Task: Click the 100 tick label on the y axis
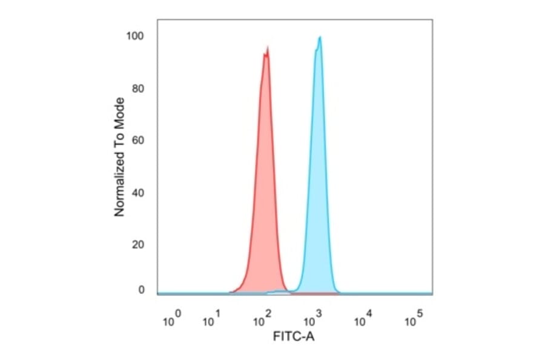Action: [x=136, y=36]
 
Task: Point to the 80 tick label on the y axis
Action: [x=138, y=88]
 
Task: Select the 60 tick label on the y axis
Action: [x=138, y=141]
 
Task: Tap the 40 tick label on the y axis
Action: [x=138, y=193]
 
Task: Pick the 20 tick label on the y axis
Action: [x=138, y=245]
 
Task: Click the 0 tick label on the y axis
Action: [x=141, y=290]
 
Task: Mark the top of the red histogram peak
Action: [x=266, y=48]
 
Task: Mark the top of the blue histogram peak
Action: [x=319, y=37]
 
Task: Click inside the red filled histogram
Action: [x=264, y=182]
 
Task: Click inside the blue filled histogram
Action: [x=317, y=182]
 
